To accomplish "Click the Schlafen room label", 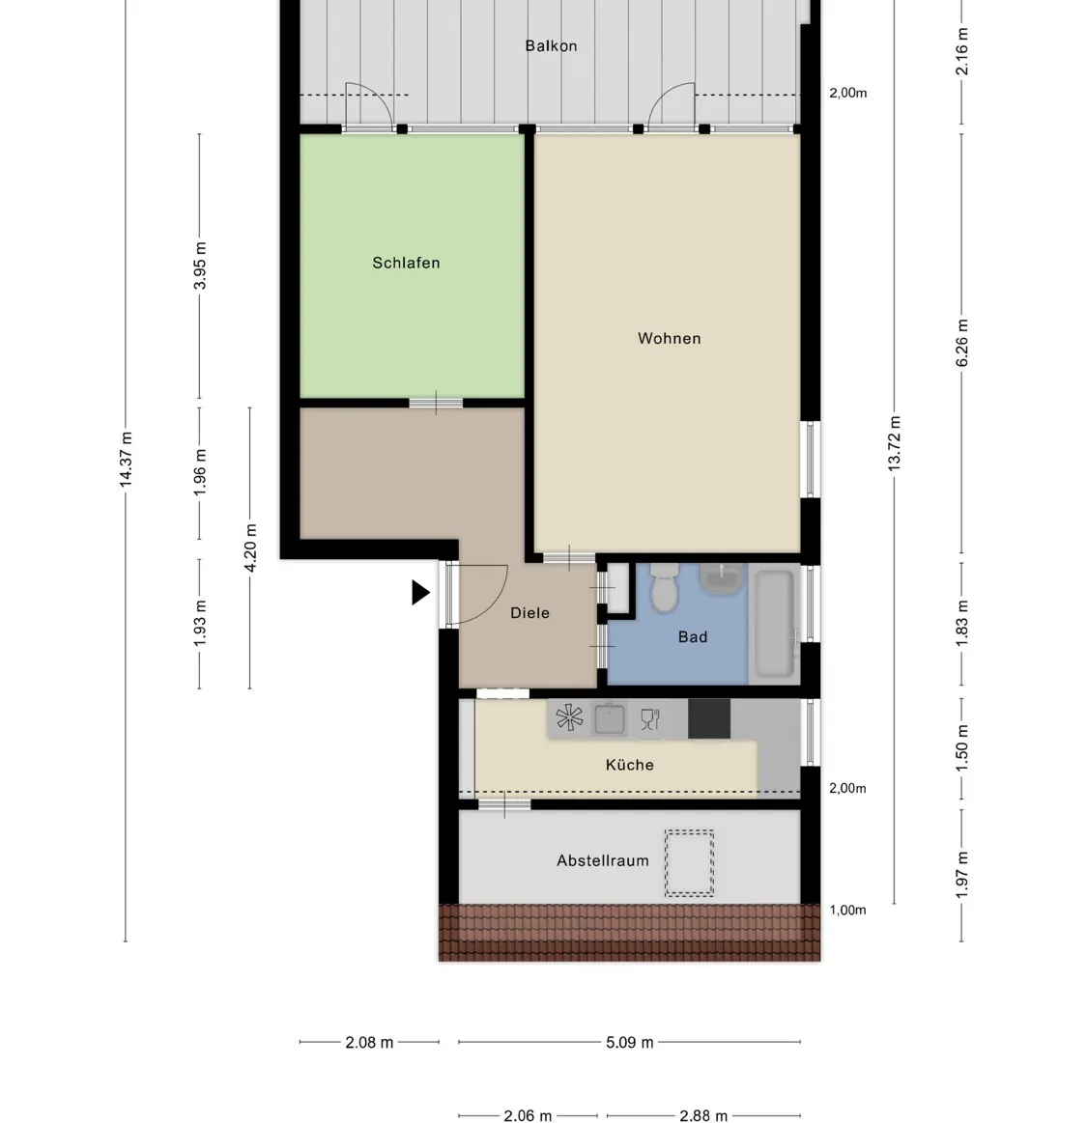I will pyautogui.click(x=406, y=263).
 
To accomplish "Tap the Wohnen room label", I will pyautogui.click(x=669, y=338).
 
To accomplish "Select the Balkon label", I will pyautogui.click(x=551, y=45).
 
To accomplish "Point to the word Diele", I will pyautogui.click(x=529, y=612).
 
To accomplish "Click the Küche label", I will pyautogui.click(x=629, y=765).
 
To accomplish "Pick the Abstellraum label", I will pyautogui.click(x=602, y=860).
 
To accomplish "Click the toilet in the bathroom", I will pyautogui.click(x=665, y=589).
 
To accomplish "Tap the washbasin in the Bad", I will pyautogui.click(x=721, y=579).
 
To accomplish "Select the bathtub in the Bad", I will pyautogui.click(x=774, y=624).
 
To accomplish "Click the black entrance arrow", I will pyautogui.click(x=419, y=592).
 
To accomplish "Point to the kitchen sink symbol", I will pyautogui.click(x=610, y=718).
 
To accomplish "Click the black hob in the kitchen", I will pyautogui.click(x=708, y=718).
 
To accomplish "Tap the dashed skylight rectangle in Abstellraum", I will pyautogui.click(x=689, y=862).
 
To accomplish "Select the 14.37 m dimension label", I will pyautogui.click(x=126, y=460).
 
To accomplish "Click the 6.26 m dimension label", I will pyautogui.click(x=961, y=343).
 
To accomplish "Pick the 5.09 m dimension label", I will pyautogui.click(x=629, y=1043).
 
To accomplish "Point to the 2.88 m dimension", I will pyautogui.click(x=702, y=1116).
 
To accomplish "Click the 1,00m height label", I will pyautogui.click(x=847, y=910).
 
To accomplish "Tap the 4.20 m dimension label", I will pyautogui.click(x=250, y=547).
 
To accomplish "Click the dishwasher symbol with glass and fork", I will pyautogui.click(x=650, y=718).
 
